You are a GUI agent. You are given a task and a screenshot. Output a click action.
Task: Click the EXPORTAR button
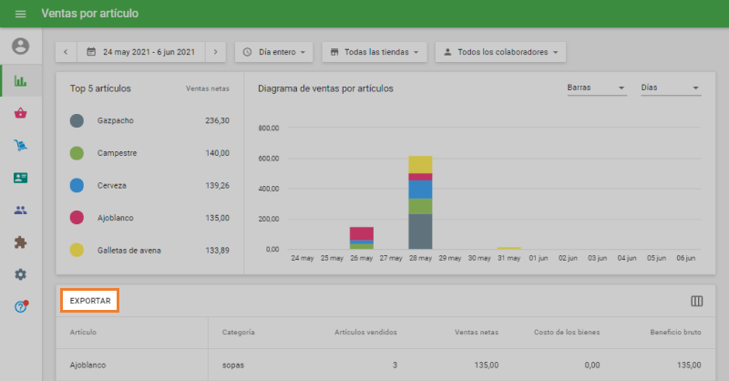pos(90,301)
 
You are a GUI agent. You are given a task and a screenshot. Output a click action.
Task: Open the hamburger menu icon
pos(20,14)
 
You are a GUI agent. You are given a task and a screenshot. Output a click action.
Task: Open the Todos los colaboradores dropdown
pos(500,52)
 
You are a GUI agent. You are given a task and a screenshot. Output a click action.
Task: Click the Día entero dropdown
pos(274,52)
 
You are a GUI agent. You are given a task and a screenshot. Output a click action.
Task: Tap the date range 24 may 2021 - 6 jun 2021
pos(149,52)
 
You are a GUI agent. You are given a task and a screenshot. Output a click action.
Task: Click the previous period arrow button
pos(66,52)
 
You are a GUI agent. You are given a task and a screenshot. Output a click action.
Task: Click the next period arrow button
pos(215,52)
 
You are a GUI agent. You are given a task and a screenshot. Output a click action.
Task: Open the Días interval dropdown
pos(670,88)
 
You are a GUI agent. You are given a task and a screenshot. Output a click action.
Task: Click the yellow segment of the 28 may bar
pos(420,164)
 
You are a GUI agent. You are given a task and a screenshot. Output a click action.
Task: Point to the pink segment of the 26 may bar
pos(362,233)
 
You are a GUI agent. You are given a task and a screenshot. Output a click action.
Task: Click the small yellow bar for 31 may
pos(508,248)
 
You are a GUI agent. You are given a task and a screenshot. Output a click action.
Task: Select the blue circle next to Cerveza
pos(77,185)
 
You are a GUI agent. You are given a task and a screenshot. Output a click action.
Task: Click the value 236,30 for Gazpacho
pos(217,120)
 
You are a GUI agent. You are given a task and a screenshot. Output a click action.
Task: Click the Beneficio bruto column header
pos(674,332)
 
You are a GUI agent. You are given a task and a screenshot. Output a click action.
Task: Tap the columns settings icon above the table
pos(697,301)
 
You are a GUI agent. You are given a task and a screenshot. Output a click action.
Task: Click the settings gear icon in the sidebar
pos(20,274)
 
